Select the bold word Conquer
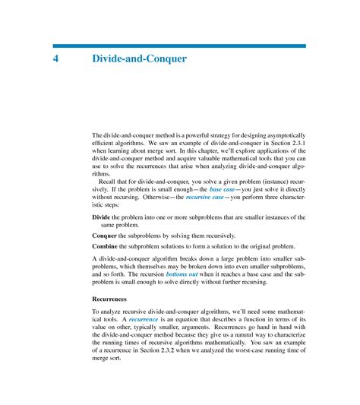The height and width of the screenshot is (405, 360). pos(106,236)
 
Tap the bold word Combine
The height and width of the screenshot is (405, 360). pos(106,246)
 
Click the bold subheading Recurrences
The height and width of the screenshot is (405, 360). pos(112,299)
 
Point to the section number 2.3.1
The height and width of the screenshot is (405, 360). pos(294,142)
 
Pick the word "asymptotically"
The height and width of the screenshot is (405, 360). pos(281,133)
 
